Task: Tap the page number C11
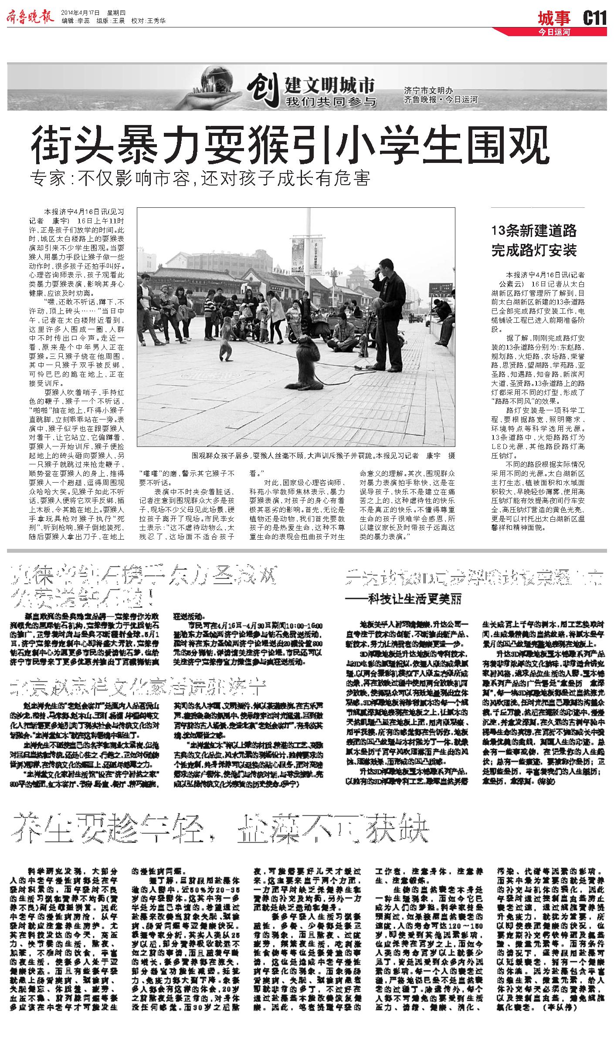tap(594, 18)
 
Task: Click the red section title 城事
tap(554, 19)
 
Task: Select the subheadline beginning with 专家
tap(201, 179)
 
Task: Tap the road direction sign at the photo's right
tap(438, 288)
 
